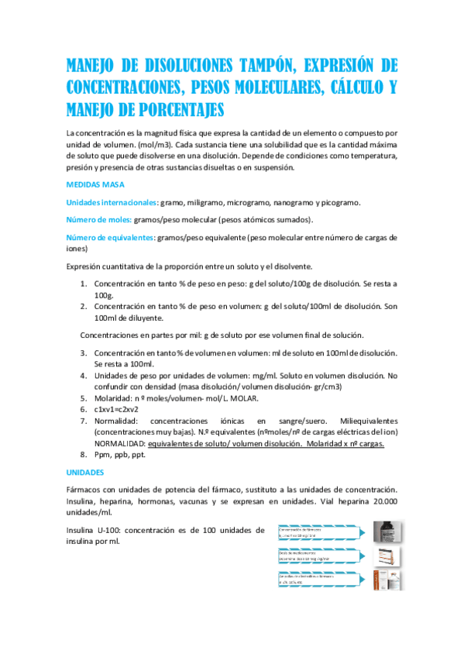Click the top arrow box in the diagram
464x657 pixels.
coord(318,531)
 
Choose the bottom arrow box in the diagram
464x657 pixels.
coord(318,581)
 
